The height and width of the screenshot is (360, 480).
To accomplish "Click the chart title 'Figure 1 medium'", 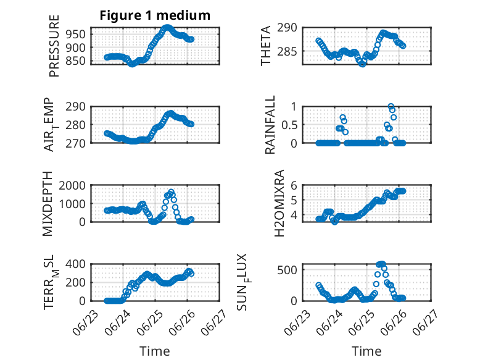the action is click(155, 15).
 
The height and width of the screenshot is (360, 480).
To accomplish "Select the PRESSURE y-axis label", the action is click(54, 46).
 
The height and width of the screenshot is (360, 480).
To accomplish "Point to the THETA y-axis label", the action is click(266, 46).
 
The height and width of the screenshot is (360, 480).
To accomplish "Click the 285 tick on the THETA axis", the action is click(287, 51).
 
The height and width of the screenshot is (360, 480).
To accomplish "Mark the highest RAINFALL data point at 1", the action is click(391, 106).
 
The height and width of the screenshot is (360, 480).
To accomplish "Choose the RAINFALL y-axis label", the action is click(270, 125).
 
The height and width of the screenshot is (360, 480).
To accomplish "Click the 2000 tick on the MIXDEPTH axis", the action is click(73, 185).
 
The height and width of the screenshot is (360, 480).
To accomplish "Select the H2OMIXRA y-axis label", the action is click(279, 203).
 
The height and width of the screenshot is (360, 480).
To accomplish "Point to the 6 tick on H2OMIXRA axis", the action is click(294, 185).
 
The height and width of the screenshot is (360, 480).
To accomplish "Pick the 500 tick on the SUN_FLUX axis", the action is click(287, 270).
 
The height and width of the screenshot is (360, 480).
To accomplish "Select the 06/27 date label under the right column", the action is click(424, 322).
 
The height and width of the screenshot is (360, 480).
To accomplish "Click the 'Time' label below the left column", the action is click(155, 351).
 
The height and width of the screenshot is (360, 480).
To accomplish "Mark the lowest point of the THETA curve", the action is click(362, 64).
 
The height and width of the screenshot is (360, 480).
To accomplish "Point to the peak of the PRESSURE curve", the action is click(167, 28).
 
